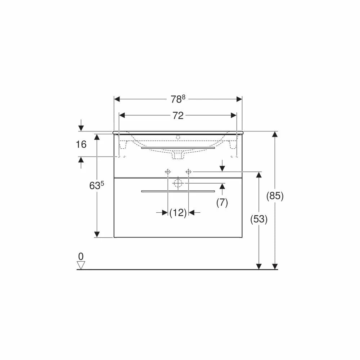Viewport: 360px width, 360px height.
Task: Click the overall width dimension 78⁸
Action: click(x=178, y=99)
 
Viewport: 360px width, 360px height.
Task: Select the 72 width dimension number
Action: click(x=178, y=116)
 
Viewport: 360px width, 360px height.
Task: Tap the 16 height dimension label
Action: click(x=81, y=144)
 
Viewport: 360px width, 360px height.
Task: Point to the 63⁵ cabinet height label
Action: click(x=96, y=185)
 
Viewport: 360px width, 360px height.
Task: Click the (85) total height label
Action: click(x=275, y=196)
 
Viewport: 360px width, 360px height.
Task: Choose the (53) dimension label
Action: click(x=259, y=219)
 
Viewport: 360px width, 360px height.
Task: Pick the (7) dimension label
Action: click(x=222, y=203)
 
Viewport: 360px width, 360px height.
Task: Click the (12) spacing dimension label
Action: click(x=178, y=213)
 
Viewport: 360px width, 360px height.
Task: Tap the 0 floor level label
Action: click(x=81, y=256)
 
